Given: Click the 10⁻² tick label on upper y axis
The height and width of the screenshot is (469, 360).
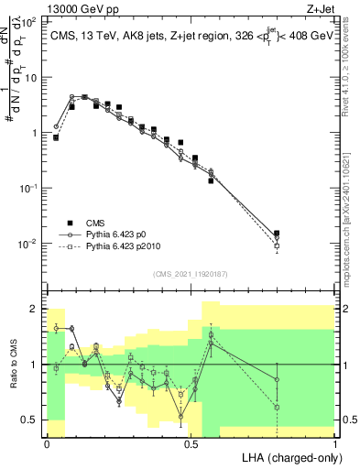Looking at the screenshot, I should coord(28,243).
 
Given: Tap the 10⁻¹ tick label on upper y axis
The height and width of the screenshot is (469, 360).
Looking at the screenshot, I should coord(28,187).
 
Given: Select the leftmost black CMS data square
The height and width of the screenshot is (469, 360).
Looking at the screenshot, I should coord(56,137).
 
